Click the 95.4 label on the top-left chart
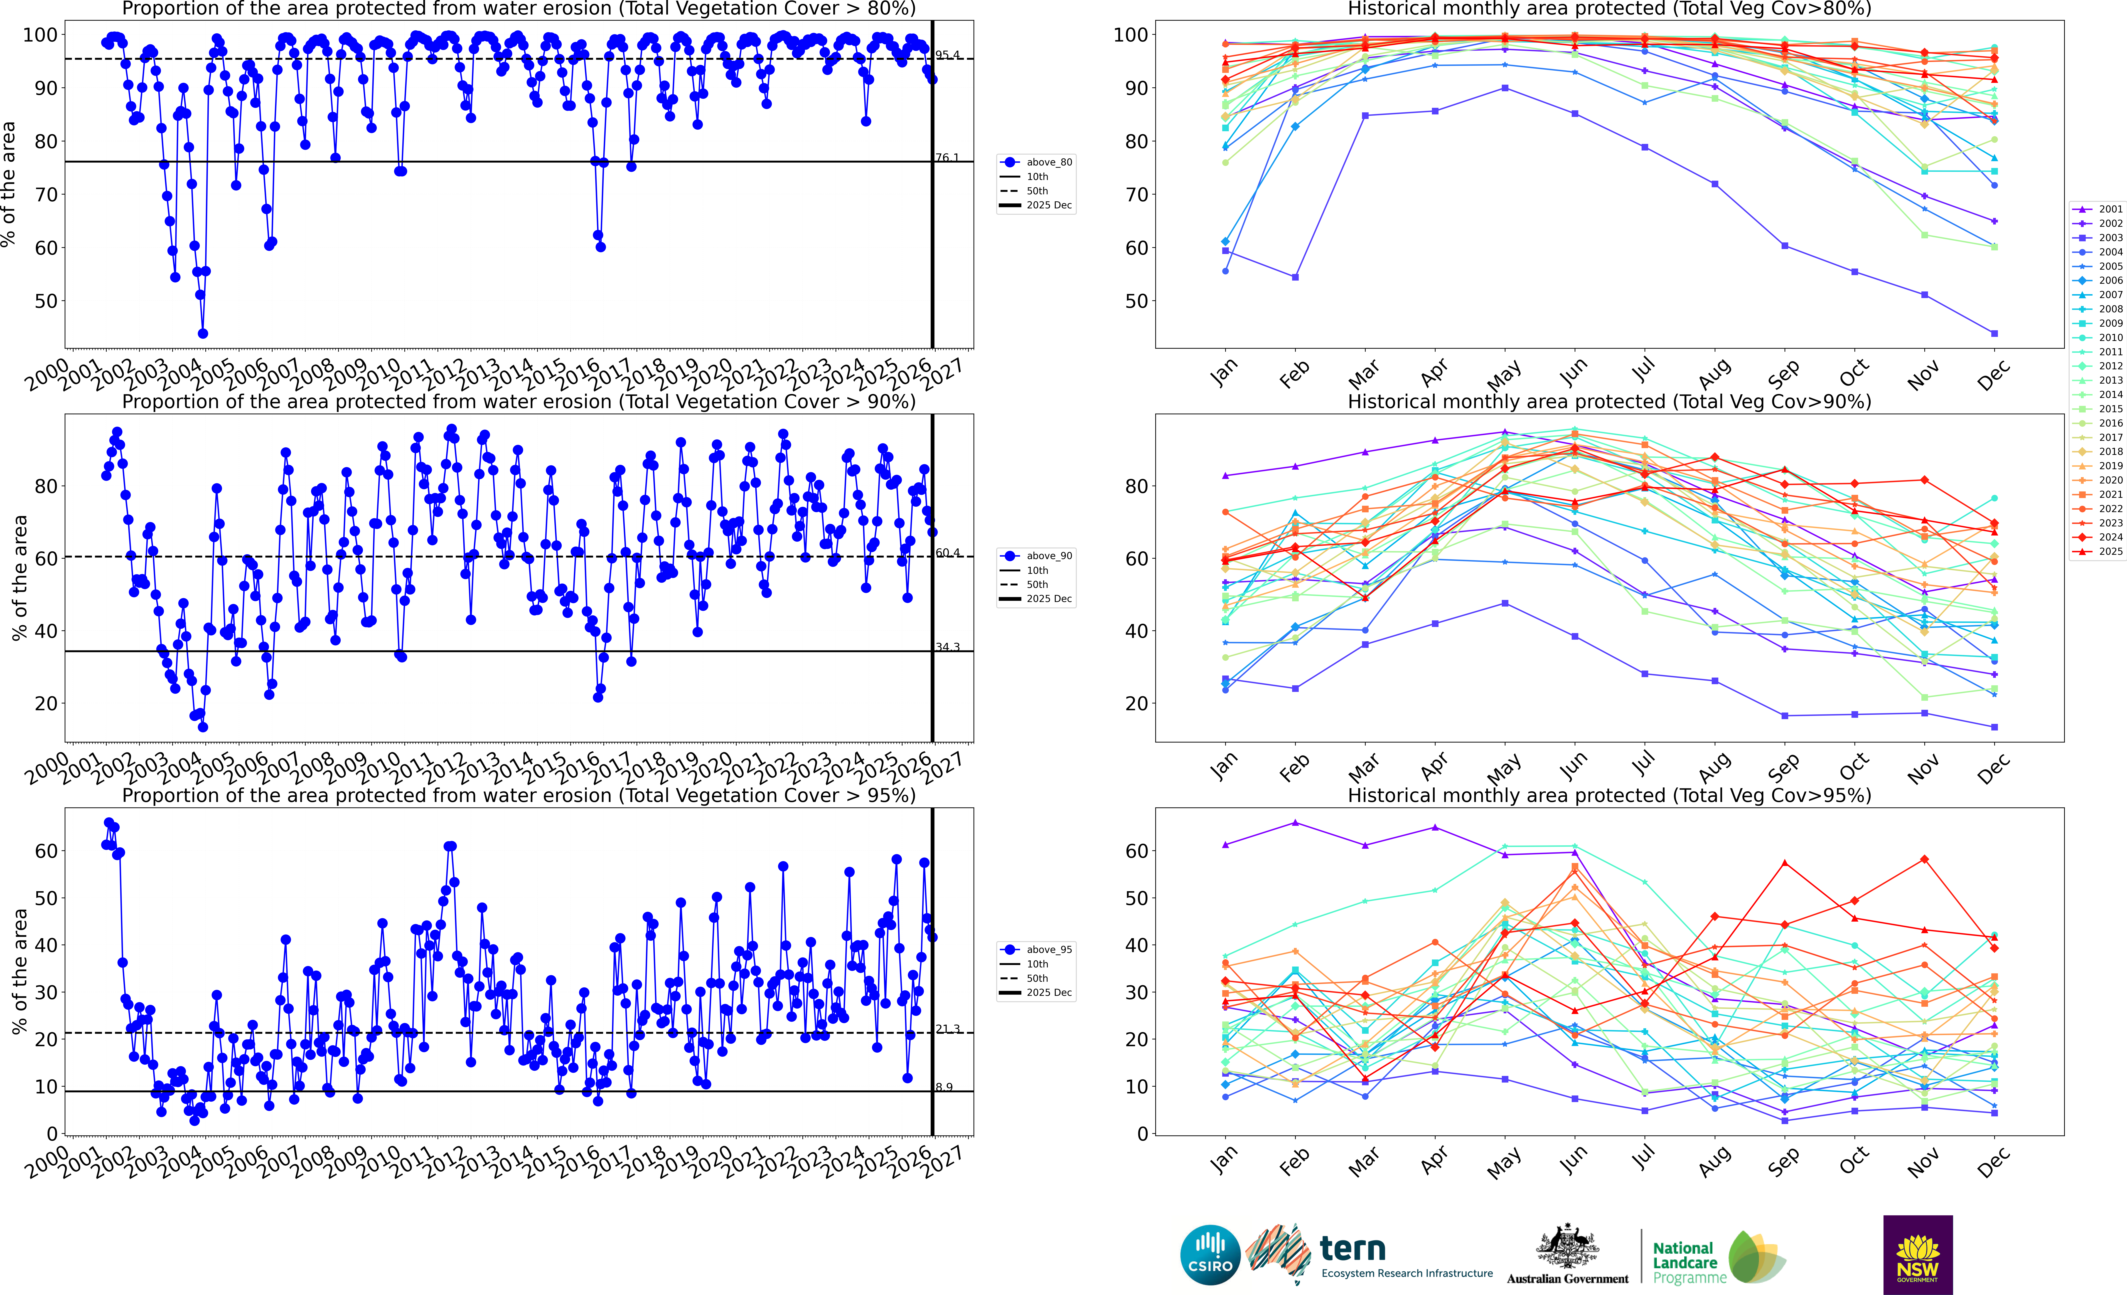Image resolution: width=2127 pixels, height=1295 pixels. [x=947, y=55]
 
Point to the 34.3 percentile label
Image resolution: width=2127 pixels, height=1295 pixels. [x=947, y=647]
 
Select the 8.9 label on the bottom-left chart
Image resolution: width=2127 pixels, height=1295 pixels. [x=944, y=1088]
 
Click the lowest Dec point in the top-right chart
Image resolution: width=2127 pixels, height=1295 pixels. [x=1994, y=333]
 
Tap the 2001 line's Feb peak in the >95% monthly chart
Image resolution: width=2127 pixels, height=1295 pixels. [x=1295, y=823]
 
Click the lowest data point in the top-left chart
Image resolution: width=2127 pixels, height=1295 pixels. [x=203, y=333]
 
